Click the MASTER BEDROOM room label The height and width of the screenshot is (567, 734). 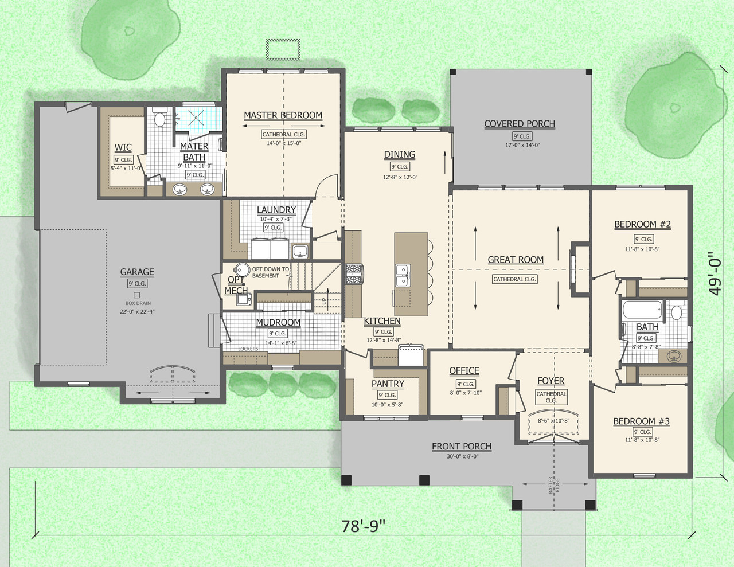[283, 115]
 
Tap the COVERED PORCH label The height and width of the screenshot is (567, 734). [520, 124]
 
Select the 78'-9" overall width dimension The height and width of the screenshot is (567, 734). [363, 526]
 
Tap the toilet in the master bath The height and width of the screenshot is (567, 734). [159, 119]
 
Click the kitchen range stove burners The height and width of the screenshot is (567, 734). [353, 274]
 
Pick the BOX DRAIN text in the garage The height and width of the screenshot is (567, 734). [138, 303]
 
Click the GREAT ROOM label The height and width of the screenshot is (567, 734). [516, 260]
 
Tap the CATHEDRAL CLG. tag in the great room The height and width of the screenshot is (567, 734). [514, 279]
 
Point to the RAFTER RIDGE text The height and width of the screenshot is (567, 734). [554, 485]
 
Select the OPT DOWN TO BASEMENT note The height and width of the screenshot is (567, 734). [270, 272]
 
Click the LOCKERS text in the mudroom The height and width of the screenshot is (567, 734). [248, 349]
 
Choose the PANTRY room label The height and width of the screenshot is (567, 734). [388, 384]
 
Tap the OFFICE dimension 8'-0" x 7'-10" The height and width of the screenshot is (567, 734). [465, 393]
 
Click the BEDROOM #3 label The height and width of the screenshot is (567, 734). [641, 421]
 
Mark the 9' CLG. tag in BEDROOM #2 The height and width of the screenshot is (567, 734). [643, 239]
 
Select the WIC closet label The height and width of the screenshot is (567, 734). [123, 148]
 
